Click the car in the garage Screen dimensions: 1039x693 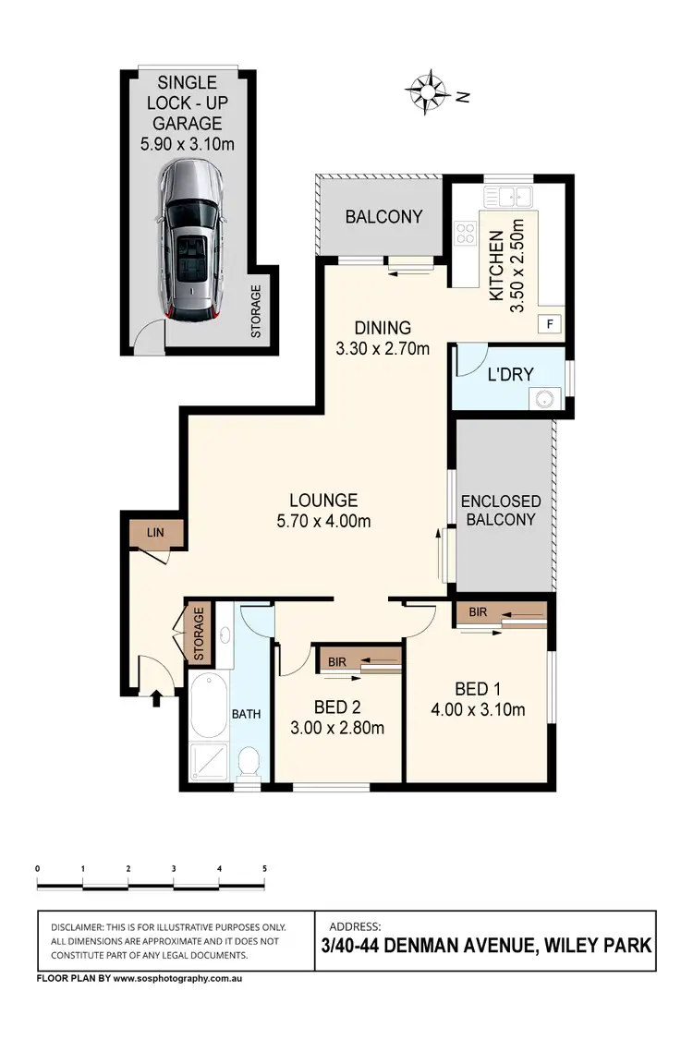(190, 240)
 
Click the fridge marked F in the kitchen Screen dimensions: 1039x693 (552, 324)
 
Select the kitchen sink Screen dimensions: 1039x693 (510, 195)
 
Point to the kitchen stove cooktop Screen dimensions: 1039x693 (465, 235)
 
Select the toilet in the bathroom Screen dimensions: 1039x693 (248, 763)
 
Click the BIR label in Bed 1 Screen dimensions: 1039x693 (478, 611)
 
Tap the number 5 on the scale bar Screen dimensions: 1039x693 (265, 868)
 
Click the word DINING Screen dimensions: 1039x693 (383, 328)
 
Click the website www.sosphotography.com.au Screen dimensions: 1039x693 (177, 976)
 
